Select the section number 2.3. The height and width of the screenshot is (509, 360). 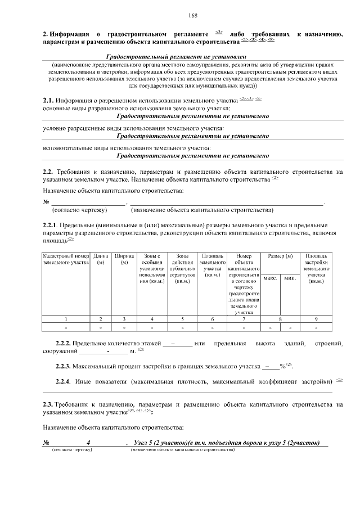coord(48,404)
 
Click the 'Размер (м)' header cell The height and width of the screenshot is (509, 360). coord(280,256)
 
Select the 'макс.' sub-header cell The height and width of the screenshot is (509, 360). coord(270,278)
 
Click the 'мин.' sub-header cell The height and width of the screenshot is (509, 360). coord(290,278)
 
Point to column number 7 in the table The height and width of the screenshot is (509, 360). coord(244,319)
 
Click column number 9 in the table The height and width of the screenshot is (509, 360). coord(316,319)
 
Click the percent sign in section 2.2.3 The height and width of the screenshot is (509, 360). coord(282,367)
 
